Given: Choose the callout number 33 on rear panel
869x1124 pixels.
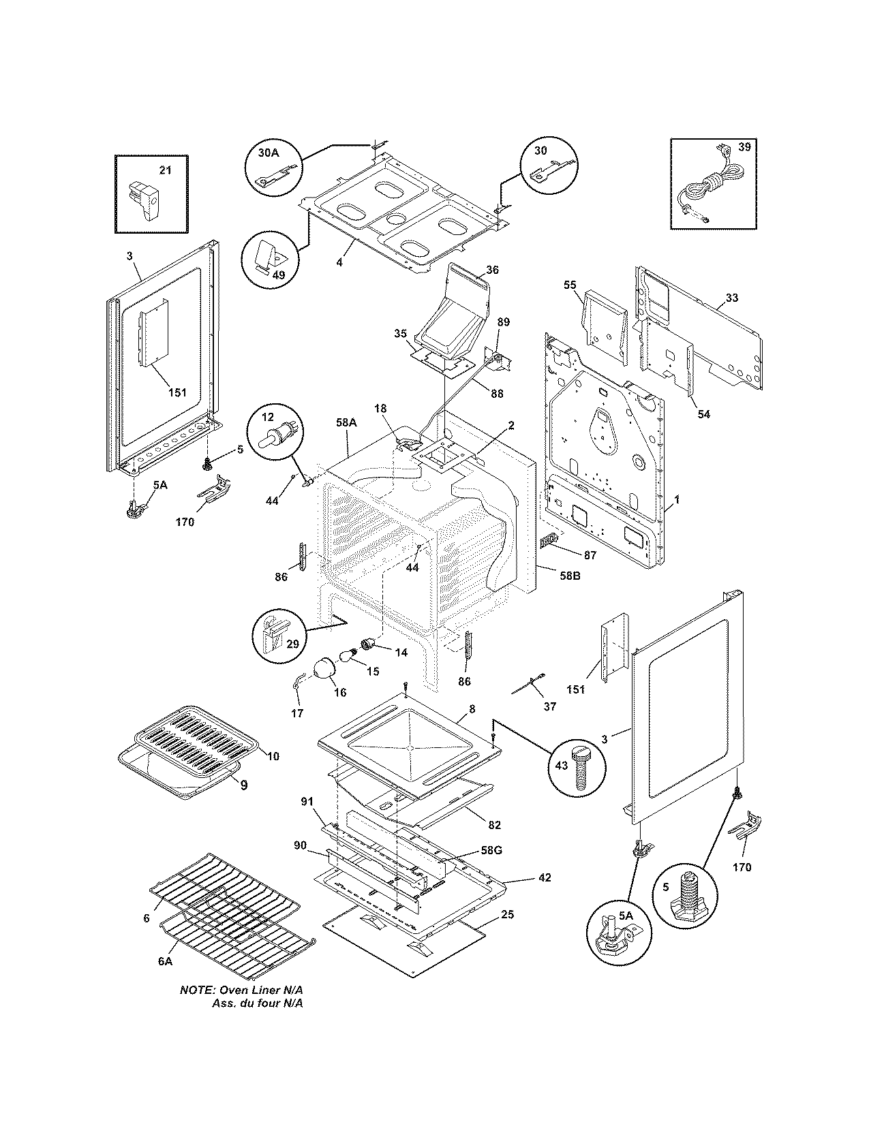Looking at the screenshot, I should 731,298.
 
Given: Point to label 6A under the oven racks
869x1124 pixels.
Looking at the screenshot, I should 164,961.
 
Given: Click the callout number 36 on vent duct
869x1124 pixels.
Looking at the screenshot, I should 492,270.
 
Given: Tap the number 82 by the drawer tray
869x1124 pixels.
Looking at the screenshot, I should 494,825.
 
